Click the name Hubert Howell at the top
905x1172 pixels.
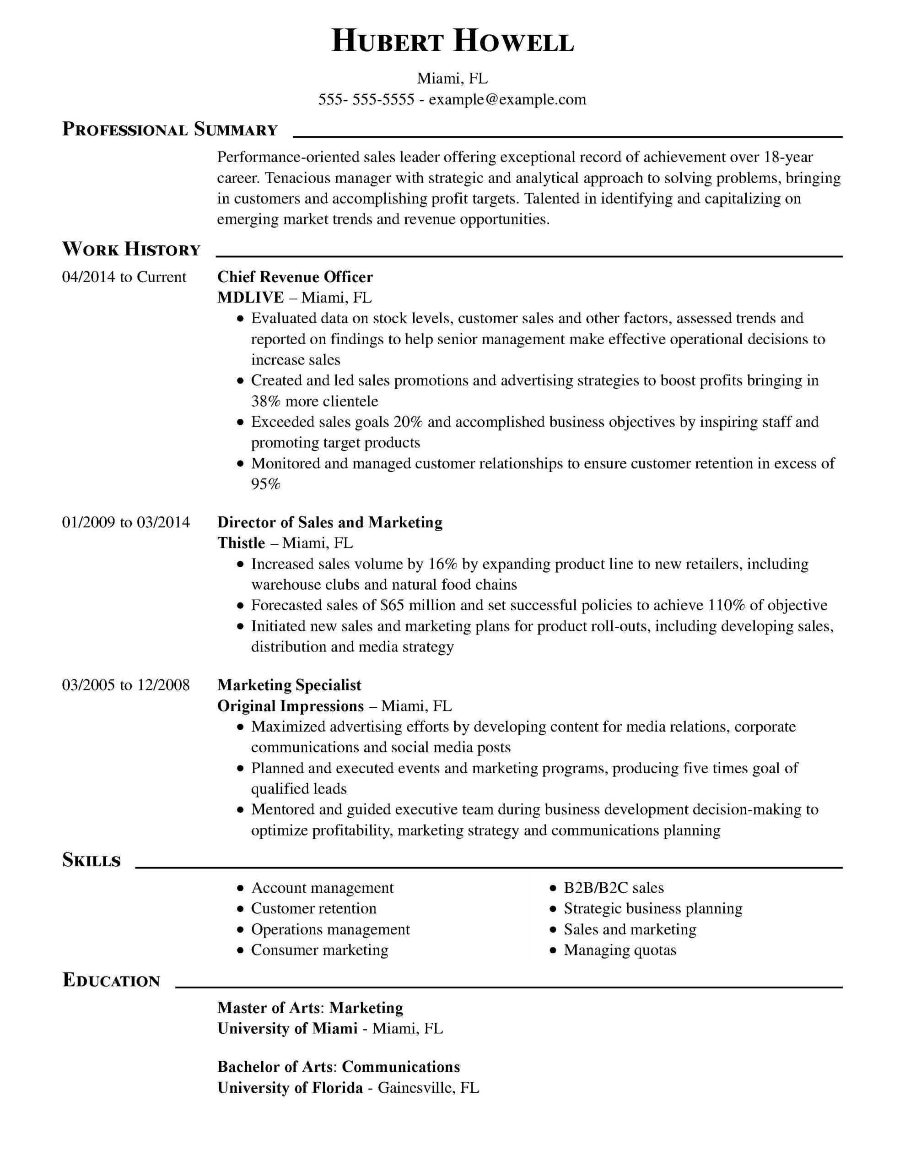[452, 42]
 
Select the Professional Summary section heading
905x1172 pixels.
[170, 130]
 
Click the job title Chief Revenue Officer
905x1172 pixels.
[295, 277]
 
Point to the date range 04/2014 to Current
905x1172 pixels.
[124, 277]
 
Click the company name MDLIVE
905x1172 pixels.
[251, 297]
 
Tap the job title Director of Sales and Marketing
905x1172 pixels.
[330, 522]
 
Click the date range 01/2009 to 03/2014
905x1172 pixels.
[126, 522]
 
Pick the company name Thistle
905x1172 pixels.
[242, 543]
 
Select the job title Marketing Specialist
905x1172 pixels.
[289, 685]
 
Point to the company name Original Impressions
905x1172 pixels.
[291, 705]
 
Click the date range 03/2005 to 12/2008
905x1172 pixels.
[126, 685]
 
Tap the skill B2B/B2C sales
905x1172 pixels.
[614, 888]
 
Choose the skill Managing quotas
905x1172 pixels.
[619, 950]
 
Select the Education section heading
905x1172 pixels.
[112, 981]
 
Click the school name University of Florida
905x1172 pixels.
[290, 1088]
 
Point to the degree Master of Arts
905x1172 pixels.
[270, 1008]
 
